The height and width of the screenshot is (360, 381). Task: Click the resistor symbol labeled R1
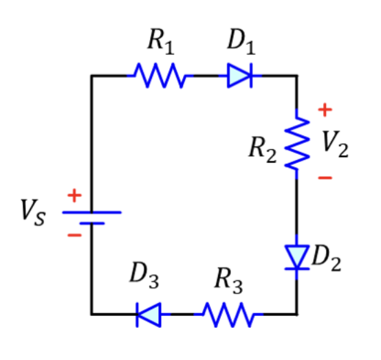coord(160,76)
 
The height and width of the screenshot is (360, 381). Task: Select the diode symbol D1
coord(241,76)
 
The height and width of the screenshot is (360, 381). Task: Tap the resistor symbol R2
coord(296,143)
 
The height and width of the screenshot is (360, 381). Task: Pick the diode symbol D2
coord(296,257)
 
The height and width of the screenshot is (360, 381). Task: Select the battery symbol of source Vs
coord(91,217)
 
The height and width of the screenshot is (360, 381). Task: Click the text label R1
coord(160,43)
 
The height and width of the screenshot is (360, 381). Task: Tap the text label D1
coord(241,43)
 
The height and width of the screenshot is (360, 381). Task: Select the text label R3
coord(227,281)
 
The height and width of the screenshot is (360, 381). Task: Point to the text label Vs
coord(33,214)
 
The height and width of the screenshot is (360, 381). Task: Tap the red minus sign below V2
coord(325,178)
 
